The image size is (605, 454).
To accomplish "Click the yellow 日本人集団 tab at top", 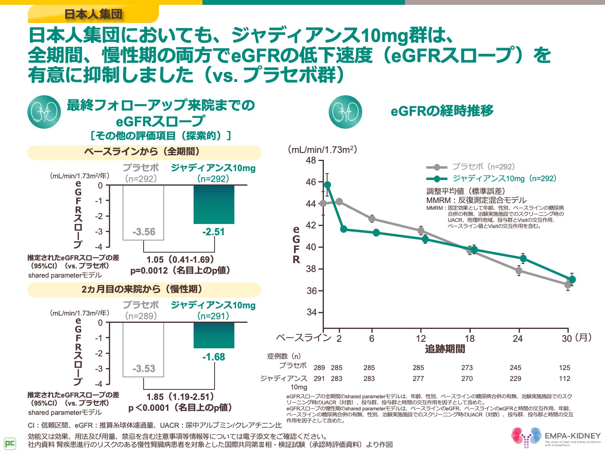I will point(93,14).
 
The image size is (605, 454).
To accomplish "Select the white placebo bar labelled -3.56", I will point(144,212).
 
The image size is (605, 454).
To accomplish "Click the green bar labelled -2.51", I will point(214,204).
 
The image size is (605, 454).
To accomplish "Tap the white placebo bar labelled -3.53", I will point(144,349).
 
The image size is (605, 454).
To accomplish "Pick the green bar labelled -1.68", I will point(214,335).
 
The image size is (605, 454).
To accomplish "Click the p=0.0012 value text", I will point(180,270).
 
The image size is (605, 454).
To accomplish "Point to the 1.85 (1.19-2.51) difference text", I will point(180,397).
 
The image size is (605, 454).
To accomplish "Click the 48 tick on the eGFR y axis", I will point(311,161).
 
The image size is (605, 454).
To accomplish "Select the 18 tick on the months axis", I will point(469,339).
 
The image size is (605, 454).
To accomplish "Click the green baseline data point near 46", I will point(328,185).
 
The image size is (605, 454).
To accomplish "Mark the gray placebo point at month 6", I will point(372,219).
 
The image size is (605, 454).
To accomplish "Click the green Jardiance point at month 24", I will point(523,258).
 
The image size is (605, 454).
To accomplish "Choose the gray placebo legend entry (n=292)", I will point(471,167).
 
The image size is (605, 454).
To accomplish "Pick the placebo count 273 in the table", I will point(467,368).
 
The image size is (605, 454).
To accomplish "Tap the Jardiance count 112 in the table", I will point(564,379).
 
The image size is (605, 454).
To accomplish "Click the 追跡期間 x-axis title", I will point(445,349).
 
